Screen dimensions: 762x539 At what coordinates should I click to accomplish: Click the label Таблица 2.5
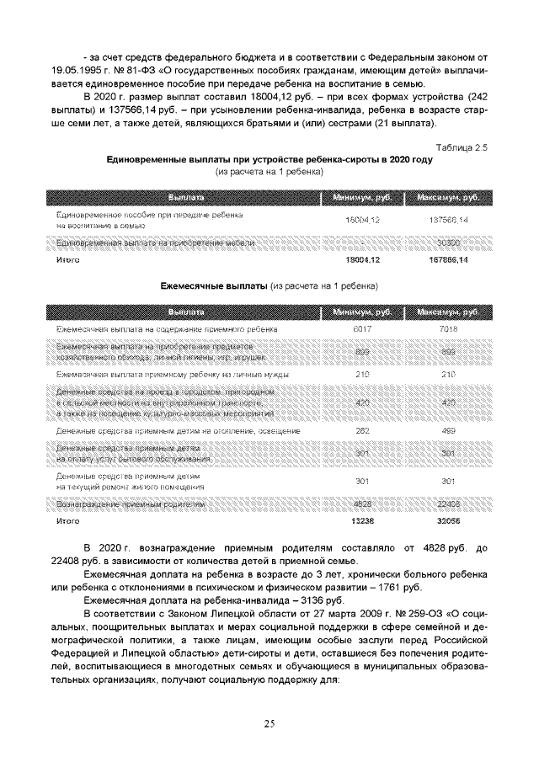(463, 148)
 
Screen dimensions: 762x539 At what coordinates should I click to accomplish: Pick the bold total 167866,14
(448, 261)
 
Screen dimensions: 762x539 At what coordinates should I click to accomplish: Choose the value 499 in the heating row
(448, 431)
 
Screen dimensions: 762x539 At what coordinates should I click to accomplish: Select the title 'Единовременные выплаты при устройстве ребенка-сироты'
(269, 160)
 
